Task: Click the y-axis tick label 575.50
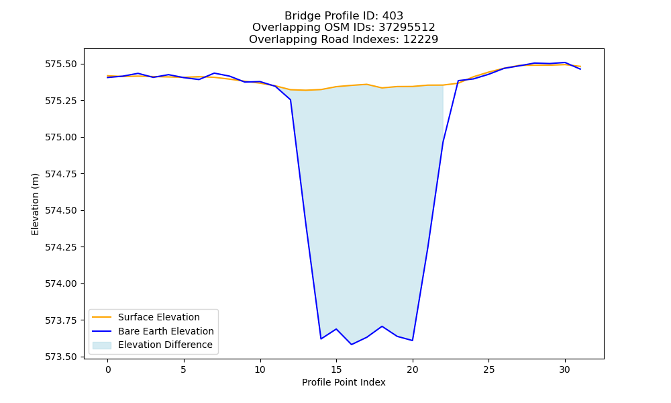point(61,64)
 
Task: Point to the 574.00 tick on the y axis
point(61,284)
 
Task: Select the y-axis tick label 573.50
point(61,357)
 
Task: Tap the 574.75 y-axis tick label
point(61,175)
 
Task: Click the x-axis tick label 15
point(336,369)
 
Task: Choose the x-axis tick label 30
point(565,369)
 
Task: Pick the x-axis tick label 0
point(108,369)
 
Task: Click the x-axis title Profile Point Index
point(344,382)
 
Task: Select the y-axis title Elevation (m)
point(35,204)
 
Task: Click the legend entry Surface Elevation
point(159,317)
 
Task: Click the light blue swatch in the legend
point(102,345)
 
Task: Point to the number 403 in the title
point(393,16)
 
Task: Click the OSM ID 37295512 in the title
point(407,28)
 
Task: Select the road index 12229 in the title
point(421,40)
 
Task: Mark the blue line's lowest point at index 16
point(352,345)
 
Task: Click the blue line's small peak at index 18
point(382,326)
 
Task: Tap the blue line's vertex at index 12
point(291,100)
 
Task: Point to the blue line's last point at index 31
point(580,69)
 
